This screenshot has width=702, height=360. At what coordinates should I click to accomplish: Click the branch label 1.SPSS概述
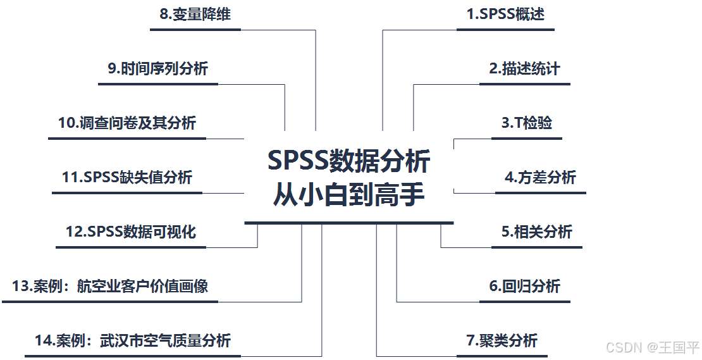tap(505, 14)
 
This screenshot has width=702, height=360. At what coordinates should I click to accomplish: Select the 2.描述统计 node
tap(524, 68)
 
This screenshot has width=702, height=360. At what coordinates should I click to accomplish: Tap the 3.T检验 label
tap(527, 123)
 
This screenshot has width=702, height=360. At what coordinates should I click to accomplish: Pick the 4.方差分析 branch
tap(540, 177)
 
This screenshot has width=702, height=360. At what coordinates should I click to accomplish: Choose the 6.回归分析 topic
tap(524, 286)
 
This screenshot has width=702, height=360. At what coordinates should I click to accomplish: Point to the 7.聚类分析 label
tap(502, 340)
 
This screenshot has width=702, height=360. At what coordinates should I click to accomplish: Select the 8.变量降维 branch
tap(195, 14)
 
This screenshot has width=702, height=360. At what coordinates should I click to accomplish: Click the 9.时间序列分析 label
tap(157, 68)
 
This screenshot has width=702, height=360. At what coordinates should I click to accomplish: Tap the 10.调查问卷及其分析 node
tap(127, 123)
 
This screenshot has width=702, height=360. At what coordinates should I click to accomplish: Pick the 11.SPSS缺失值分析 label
tap(127, 177)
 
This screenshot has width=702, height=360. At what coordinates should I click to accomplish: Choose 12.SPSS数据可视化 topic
tap(131, 232)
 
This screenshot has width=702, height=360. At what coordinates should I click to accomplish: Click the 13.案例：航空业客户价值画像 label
tap(110, 286)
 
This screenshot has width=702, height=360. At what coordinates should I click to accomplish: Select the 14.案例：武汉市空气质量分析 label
tap(133, 340)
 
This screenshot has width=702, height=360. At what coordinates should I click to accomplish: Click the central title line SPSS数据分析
tap(348, 161)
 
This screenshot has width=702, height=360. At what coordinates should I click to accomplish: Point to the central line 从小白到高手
tap(348, 194)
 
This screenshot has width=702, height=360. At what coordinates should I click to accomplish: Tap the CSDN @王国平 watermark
tap(652, 347)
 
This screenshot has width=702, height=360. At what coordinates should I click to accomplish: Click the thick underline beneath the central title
tap(348, 223)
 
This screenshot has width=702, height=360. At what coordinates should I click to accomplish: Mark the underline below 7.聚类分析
tap(502, 356)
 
